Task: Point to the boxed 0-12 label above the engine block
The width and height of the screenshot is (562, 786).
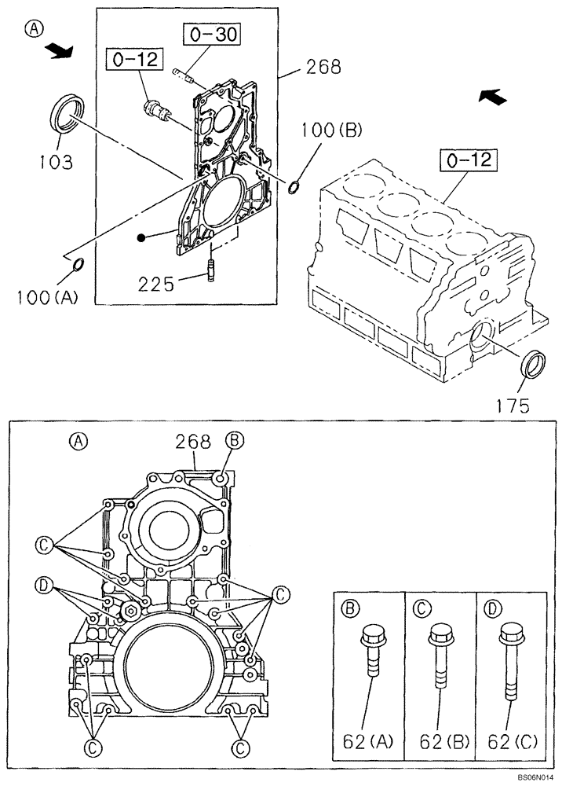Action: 469,161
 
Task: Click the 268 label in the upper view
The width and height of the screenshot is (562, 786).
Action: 323,68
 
